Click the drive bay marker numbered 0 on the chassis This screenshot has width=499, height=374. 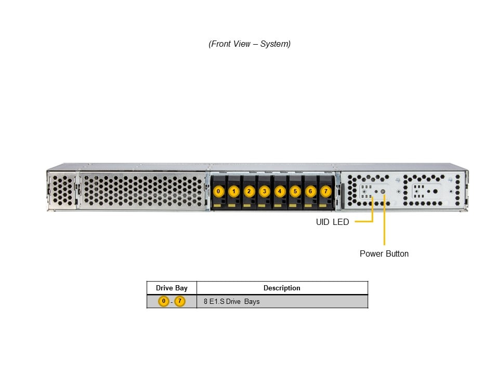point(218,191)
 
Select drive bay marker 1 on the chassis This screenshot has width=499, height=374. point(234,191)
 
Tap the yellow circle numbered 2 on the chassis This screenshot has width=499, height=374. point(249,191)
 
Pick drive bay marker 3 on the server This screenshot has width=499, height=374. point(265,191)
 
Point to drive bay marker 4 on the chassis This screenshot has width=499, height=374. point(280,191)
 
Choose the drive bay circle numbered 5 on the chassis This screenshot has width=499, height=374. point(295,191)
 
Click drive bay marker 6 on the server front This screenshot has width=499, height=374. point(310,191)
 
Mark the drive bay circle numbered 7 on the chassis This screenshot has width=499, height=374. point(326,191)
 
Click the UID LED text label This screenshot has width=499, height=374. point(332,222)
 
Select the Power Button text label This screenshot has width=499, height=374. point(384,254)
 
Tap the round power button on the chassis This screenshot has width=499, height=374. point(384,192)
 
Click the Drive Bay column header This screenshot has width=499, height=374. point(172,288)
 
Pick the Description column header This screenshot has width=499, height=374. point(282,288)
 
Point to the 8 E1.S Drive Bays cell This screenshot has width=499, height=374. point(231,301)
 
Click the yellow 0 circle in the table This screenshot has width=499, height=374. point(164,301)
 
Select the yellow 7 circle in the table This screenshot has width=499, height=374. point(180,301)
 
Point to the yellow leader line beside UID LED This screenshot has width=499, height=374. point(364,221)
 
